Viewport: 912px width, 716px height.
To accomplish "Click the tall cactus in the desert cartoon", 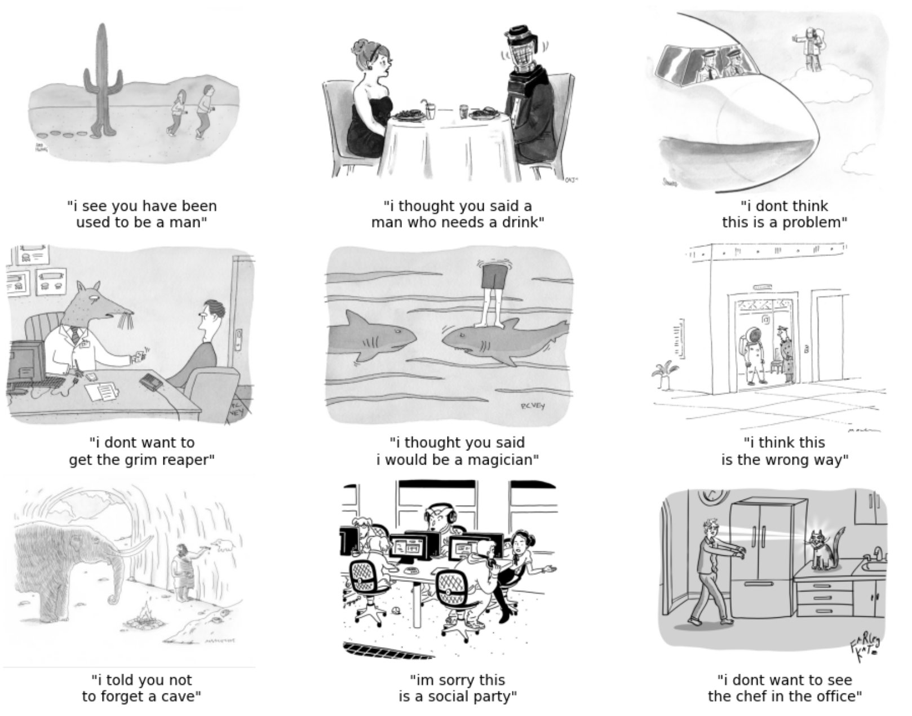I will tap(102, 79).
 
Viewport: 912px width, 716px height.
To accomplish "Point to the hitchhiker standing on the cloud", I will tap(812, 48).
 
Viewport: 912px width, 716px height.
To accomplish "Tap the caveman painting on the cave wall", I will tap(185, 572).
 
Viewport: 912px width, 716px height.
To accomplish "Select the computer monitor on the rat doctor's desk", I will tap(25, 364).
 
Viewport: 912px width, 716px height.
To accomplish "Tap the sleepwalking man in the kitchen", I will tap(711, 569).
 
